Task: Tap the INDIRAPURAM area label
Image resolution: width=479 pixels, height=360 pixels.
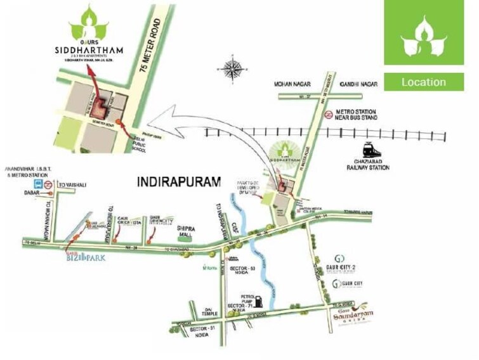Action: click(178, 182)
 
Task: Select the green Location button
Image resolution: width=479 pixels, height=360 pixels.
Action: click(423, 82)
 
